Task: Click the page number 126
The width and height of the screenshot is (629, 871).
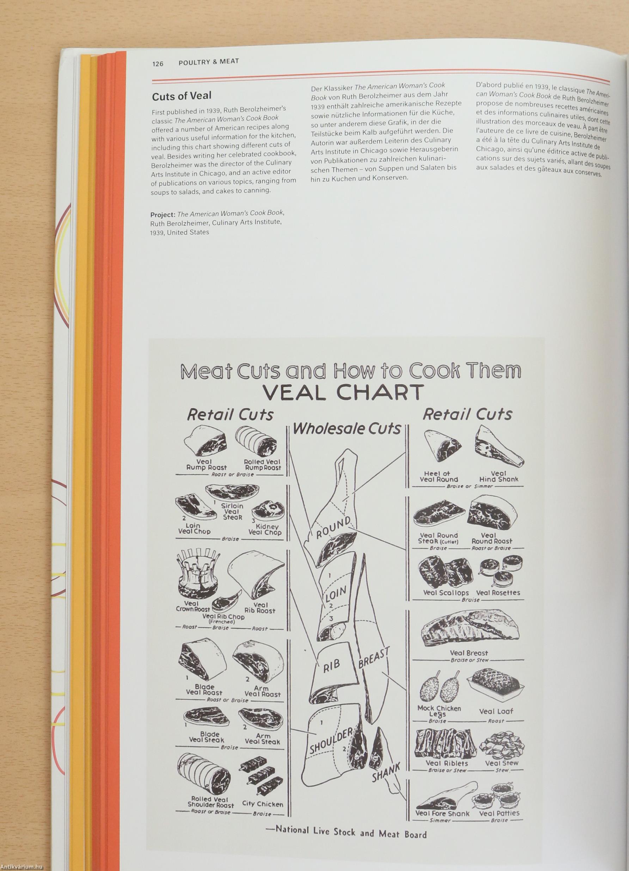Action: click(158, 63)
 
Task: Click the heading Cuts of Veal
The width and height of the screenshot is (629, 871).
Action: click(182, 96)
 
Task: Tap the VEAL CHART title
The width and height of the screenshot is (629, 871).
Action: click(343, 392)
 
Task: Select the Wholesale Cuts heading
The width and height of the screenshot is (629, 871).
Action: click(347, 428)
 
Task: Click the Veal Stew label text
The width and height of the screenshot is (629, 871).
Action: click(501, 763)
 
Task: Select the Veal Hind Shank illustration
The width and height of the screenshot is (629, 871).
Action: click(499, 447)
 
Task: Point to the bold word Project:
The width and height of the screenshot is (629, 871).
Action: click(163, 214)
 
